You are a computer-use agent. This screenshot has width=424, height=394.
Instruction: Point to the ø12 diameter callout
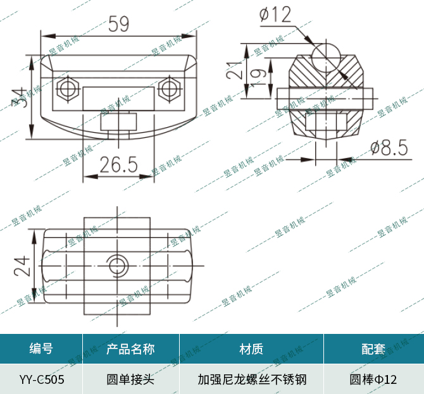coord(276,14)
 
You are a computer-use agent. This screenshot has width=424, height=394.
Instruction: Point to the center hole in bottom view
coord(117,264)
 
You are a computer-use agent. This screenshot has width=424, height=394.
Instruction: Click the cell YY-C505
coord(41,379)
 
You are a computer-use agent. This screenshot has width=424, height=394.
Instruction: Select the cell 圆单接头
coord(131,379)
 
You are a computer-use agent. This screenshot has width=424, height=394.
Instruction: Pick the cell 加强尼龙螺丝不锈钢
coord(251,379)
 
